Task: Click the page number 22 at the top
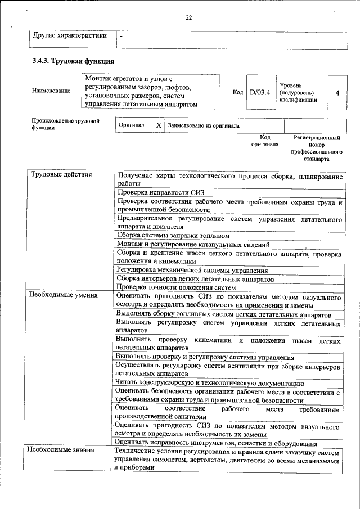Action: point(189,17)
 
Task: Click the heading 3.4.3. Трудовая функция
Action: point(74,61)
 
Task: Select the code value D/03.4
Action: point(260,92)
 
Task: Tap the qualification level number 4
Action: point(337,92)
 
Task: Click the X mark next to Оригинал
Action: point(158,125)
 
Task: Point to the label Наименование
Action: point(51,91)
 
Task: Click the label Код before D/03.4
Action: point(237,92)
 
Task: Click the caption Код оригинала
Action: point(265,141)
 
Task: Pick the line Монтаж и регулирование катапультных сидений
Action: point(193,244)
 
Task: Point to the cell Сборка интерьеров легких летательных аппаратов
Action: point(195,278)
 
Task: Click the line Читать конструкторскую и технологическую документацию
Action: point(209,382)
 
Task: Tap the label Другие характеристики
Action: point(70,37)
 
